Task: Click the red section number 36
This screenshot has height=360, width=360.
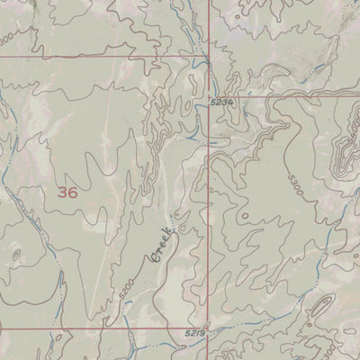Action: (67, 192)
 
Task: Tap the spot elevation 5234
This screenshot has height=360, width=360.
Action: (222, 103)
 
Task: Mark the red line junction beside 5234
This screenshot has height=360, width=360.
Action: (209, 96)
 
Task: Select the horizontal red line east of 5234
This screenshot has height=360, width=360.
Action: (288, 96)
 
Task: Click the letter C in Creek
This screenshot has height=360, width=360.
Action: (154, 258)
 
